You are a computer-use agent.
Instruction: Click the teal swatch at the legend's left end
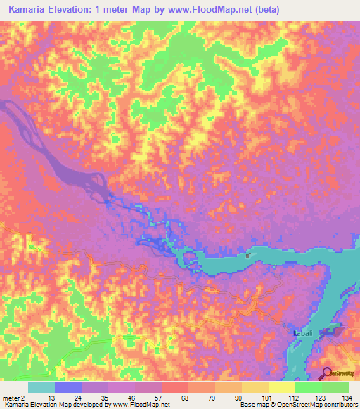(x=41, y=387)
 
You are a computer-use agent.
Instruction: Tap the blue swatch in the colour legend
(x=68, y=387)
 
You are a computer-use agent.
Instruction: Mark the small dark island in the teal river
(x=247, y=255)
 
